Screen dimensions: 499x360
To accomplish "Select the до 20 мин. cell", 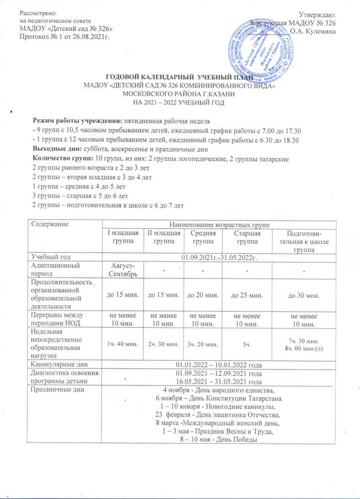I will (x=202, y=295).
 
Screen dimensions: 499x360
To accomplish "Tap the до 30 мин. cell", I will (x=304, y=295).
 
